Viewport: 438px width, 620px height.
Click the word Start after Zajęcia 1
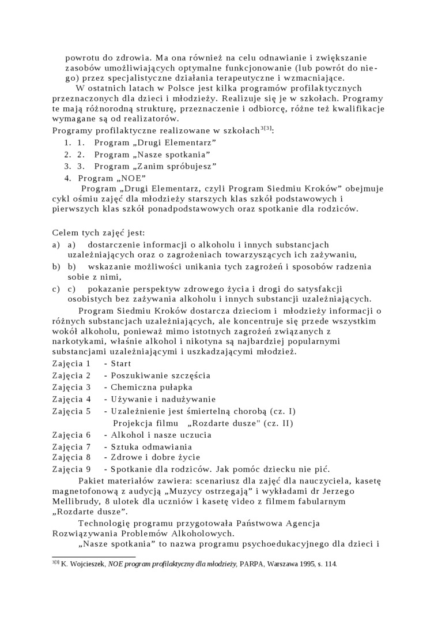(x=121, y=363)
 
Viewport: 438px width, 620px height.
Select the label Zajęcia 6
(x=71, y=435)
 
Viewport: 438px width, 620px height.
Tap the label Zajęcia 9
(x=71, y=468)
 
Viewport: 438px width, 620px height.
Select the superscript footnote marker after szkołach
(x=265, y=129)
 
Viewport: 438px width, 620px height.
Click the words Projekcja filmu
(x=145, y=423)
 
